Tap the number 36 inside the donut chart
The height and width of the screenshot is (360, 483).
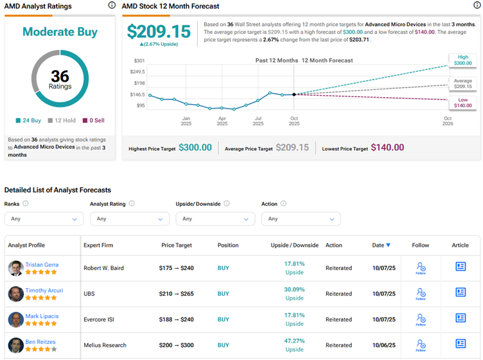(x=60, y=76)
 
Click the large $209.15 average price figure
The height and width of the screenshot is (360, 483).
(x=159, y=32)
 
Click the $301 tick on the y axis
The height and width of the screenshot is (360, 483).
(x=139, y=61)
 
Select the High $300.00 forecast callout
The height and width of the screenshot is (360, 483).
(x=463, y=61)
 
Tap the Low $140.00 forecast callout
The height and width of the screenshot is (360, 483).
(x=463, y=102)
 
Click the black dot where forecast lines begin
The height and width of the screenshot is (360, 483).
(x=294, y=94)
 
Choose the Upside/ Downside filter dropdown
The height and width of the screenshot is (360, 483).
(x=215, y=219)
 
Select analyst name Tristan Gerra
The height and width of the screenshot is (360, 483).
(x=42, y=264)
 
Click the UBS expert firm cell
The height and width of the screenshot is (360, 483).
(x=90, y=294)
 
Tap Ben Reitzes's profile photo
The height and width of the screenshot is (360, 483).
(x=15, y=345)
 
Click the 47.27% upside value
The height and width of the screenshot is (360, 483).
(x=294, y=341)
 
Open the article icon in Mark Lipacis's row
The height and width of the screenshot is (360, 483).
(x=461, y=318)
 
